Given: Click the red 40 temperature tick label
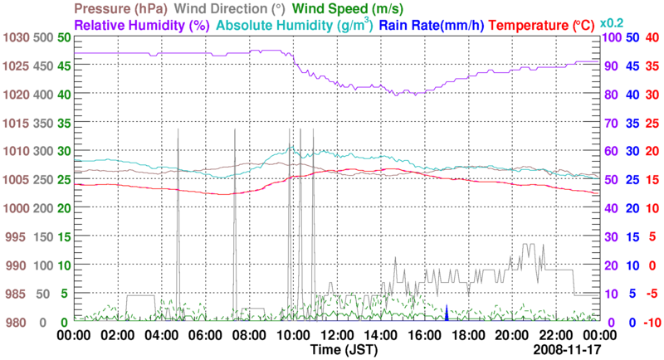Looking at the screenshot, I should (652, 37).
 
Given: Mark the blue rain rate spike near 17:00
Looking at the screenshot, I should (447, 314).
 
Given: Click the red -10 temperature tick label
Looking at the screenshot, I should (650, 322).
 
